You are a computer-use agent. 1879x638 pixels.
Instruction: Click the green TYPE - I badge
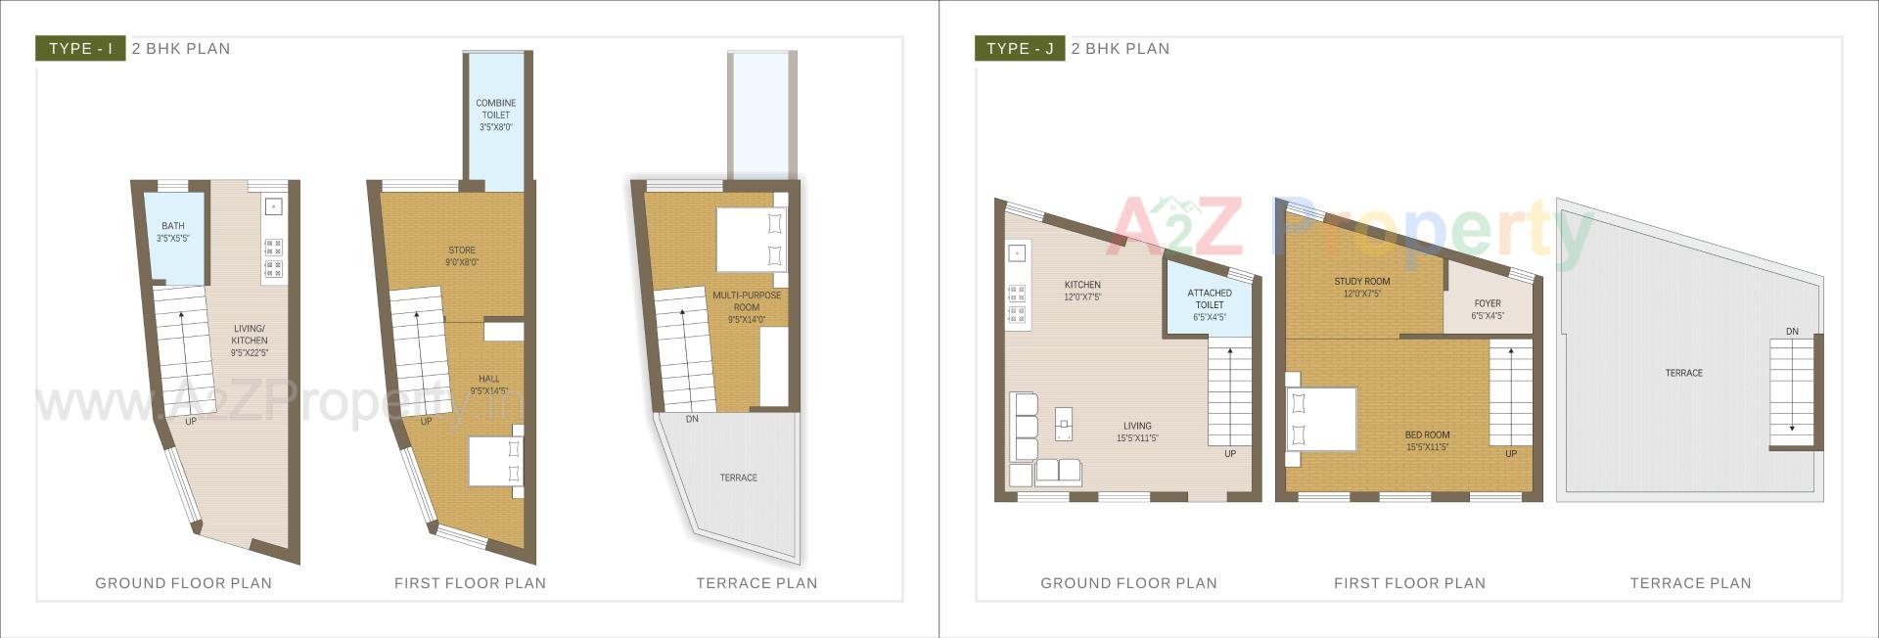click(80, 48)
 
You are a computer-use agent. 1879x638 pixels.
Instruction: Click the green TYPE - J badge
click(1019, 48)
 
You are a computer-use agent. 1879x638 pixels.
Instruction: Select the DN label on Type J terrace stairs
click(1791, 332)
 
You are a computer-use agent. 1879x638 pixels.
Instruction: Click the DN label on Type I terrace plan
click(692, 419)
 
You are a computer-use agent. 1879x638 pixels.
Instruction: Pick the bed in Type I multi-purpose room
click(751, 239)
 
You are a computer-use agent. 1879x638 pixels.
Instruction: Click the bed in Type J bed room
click(1322, 419)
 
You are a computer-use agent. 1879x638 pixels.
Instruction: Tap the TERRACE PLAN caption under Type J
click(1689, 583)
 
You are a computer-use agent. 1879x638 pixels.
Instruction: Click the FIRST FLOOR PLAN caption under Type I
click(470, 583)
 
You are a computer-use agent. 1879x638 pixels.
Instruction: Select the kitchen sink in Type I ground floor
click(273, 206)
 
